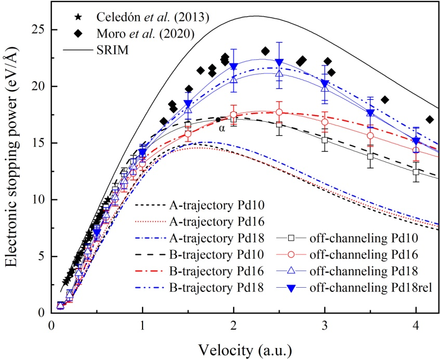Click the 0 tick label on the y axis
(x=41, y=313)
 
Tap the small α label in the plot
(x=222, y=127)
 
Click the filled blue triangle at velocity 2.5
(x=279, y=62)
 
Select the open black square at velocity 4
(x=416, y=172)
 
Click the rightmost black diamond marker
(x=430, y=120)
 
